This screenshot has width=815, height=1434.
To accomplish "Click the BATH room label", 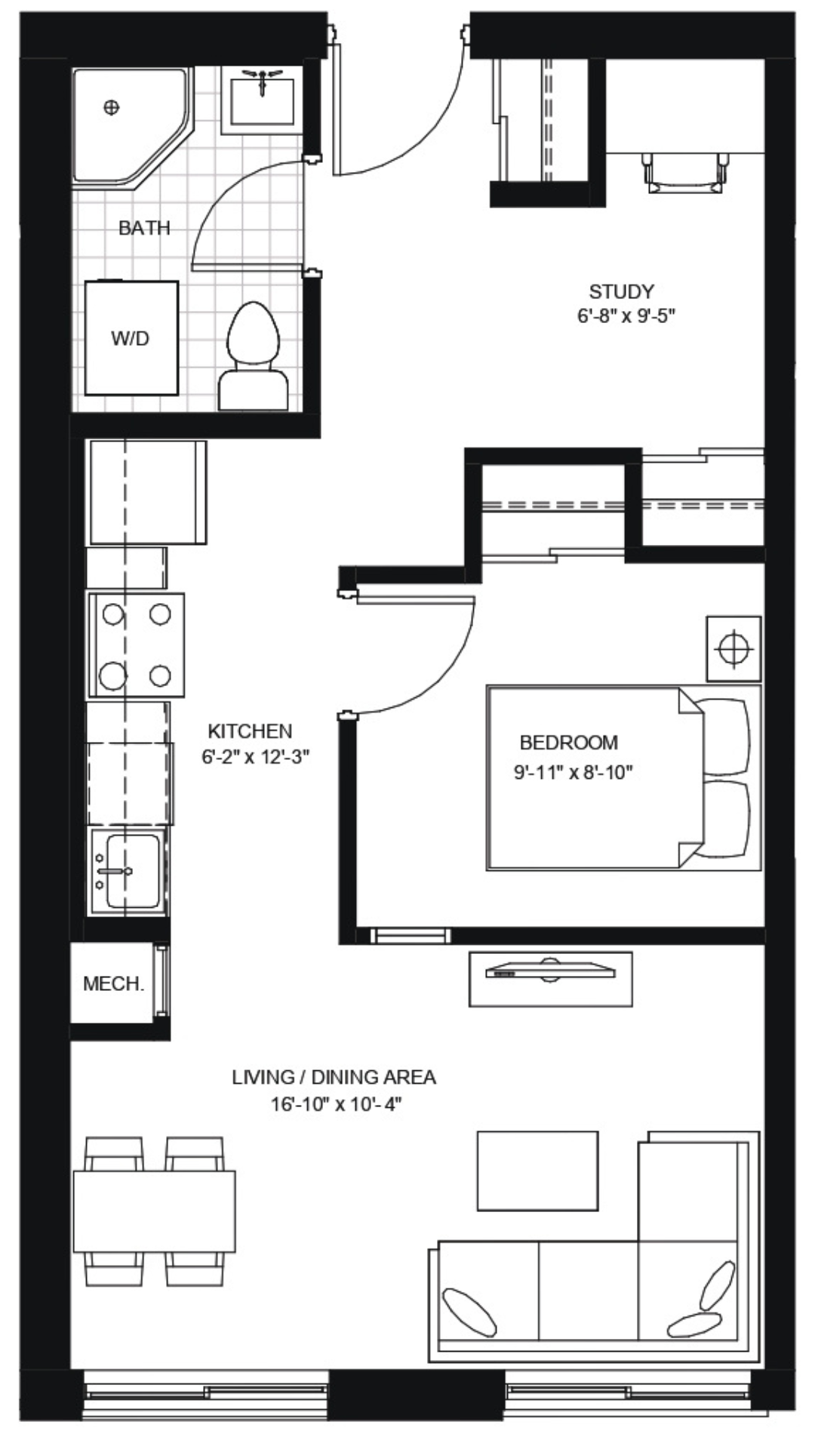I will [x=144, y=228].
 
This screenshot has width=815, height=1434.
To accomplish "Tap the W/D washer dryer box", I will [x=131, y=338].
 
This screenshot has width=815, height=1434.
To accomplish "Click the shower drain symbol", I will [x=111, y=107].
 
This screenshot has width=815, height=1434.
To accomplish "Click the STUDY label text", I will [x=621, y=291].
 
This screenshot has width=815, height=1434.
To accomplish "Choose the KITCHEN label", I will [x=250, y=731].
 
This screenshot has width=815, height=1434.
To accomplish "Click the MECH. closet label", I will [x=113, y=984].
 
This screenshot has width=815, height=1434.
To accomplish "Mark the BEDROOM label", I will [x=569, y=743].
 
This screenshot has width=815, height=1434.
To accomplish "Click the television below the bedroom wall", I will [x=550, y=972].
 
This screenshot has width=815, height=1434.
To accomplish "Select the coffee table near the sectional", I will [x=537, y=1171].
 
